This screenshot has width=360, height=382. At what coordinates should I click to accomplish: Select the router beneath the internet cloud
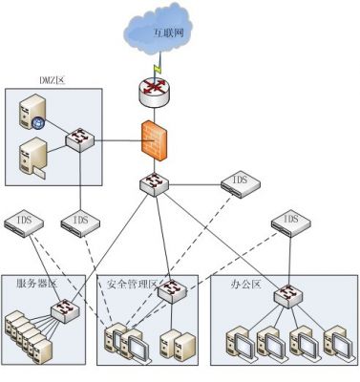tap(155, 94)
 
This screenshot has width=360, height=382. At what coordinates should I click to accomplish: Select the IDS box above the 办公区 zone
tap(289, 222)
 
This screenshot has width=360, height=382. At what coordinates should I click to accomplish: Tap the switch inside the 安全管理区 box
tap(173, 292)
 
